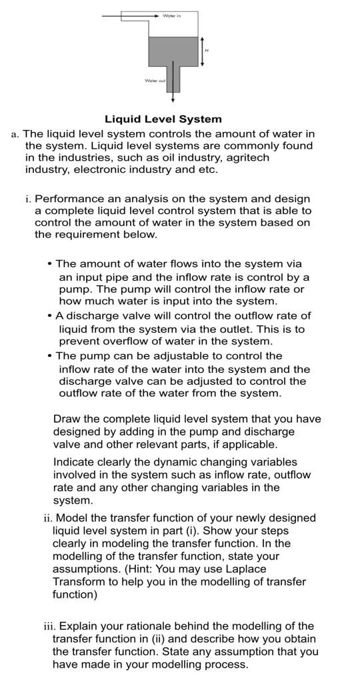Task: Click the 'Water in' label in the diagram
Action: click(x=171, y=14)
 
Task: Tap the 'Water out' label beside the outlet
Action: click(x=155, y=80)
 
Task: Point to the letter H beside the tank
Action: click(x=207, y=51)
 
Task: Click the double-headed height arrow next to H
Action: click(x=201, y=51)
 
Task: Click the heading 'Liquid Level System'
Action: click(x=163, y=119)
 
